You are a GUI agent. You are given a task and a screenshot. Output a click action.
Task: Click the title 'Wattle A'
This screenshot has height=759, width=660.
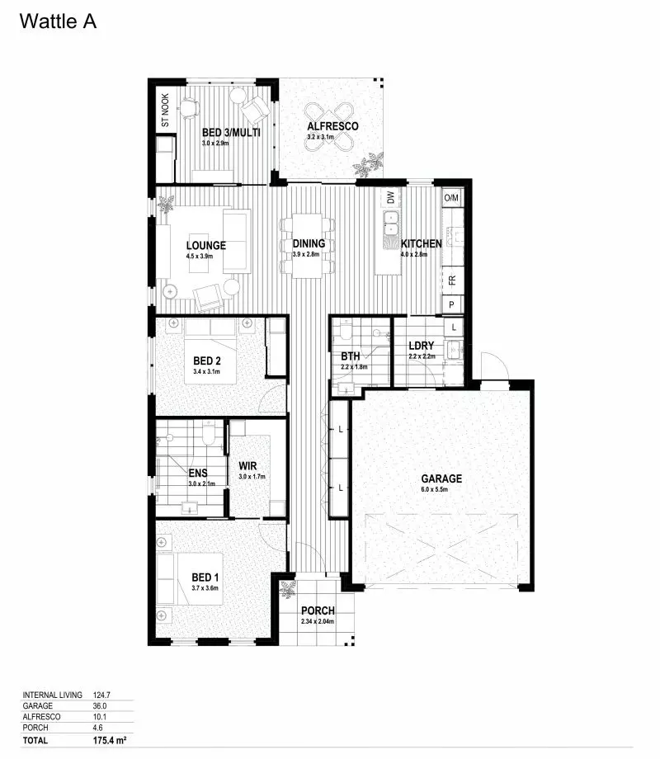point(58,22)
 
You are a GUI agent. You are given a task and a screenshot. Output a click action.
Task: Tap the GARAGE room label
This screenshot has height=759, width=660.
point(441,478)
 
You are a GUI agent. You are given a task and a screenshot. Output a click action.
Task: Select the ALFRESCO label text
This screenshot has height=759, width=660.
point(332,126)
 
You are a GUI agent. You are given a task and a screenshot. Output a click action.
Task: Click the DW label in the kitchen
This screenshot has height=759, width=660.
point(389,198)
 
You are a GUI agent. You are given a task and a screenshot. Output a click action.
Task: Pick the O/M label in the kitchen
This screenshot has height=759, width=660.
point(451,198)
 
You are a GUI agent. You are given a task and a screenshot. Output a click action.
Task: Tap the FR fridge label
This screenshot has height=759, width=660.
point(452,280)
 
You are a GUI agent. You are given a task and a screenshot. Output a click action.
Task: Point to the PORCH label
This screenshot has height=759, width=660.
point(317,610)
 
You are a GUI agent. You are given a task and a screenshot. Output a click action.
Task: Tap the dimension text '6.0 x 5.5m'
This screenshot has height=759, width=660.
point(441,490)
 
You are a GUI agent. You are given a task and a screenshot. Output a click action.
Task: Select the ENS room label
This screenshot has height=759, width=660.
point(198,474)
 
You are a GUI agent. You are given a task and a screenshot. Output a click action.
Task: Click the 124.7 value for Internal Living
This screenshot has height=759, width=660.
point(101,695)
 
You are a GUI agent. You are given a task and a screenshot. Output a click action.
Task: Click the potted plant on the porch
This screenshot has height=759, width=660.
point(288,589)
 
